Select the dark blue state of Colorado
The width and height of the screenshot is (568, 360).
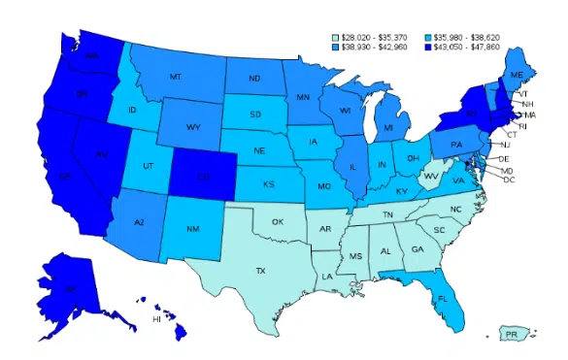pos(203,179)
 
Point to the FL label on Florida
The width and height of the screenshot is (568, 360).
pos(442,299)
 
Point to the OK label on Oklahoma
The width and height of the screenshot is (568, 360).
pos(278,222)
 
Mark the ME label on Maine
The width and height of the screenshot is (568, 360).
pos(517,75)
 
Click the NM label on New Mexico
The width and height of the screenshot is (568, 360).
pos(192,231)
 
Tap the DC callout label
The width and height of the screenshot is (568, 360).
pos(509,180)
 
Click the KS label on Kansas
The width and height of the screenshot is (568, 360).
pos(269,182)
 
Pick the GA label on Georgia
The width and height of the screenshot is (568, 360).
pos(418,249)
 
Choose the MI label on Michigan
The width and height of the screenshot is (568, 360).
pos(387,127)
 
